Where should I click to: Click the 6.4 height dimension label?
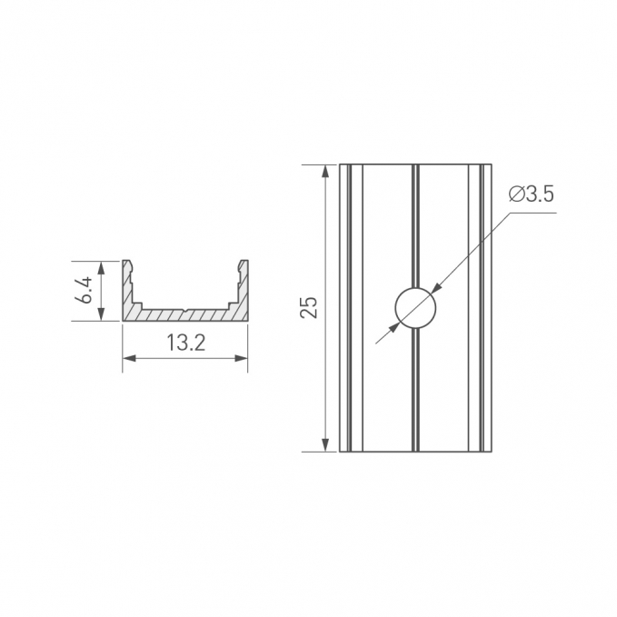(85, 290)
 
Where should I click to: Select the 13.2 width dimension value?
(186, 343)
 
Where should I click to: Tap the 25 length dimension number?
(309, 307)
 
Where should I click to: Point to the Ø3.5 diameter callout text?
(532, 194)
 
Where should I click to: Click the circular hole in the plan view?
(415, 308)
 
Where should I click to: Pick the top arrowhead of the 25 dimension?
(325, 172)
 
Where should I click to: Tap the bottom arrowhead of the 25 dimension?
(325, 444)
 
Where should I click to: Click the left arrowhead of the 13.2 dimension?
(129, 358)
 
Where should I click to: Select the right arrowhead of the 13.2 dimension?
(241, 358)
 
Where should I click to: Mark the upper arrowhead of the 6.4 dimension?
(102, 267)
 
